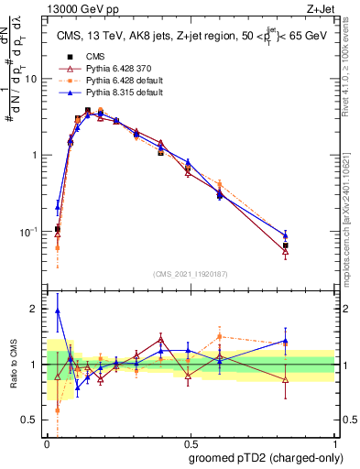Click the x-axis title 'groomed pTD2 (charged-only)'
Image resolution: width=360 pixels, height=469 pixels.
click(x=267, y=457)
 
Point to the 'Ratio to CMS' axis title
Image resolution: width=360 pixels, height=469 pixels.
click(x=15, y=365)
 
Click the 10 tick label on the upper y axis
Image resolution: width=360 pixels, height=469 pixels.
click(x=30, y=79)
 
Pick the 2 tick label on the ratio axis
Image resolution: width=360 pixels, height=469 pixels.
click(x=35, y=309)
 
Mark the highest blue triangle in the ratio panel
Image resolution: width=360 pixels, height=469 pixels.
click(x=58, y=311)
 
